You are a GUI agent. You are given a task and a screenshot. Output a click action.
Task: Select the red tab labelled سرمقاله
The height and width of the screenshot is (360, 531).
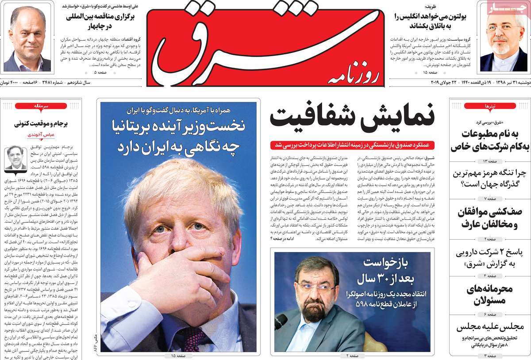41,106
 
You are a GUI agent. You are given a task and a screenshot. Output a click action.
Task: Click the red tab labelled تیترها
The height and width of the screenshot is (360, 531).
490,106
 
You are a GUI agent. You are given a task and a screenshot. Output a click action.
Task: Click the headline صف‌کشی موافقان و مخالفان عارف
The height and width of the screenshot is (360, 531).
489,218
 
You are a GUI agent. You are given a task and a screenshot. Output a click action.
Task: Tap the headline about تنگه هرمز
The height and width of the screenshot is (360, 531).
489,178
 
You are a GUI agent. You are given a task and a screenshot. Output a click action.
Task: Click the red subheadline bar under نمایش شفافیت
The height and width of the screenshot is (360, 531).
353,145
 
